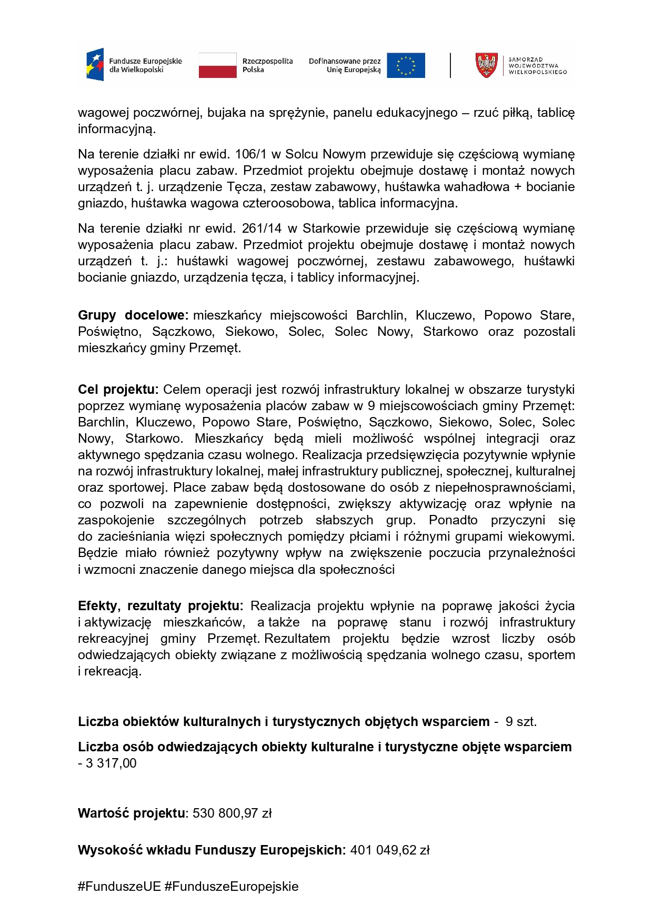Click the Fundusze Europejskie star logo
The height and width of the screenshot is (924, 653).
pyautogui.click(x=95, y=65)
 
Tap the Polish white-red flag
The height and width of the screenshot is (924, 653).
pyautogui.click(x=217, y=65)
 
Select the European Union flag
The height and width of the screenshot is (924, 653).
pyautogui.click(x=406, y=65)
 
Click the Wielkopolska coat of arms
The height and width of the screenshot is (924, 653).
pyautogui.click(x=486, y=65)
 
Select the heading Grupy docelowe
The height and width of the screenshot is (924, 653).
pyautogui.click(x=133, y=315)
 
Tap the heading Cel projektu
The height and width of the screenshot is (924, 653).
pyautogui.click(x=118, y=390)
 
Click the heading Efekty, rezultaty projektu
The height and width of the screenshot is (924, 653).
pyautogui.click(x=160, y=606)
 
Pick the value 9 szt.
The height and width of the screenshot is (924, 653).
pyautogui.click(x=521, y=722)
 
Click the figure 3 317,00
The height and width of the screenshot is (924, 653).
pyautogui.click(x=111, y=763)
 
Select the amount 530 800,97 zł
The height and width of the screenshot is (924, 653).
pyautogui.click(x=232, y=813)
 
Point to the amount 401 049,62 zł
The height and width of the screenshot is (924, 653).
pyautogui.click(x=390, y=850)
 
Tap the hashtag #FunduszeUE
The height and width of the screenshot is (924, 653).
pyautogui.click(x=119, y=887)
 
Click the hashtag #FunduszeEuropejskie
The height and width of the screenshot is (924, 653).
pyautogui.click(x=232, y=887)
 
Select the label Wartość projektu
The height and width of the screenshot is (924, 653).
pyautogui.click(x=132, y=813)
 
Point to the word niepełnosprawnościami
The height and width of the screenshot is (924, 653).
pyautogui.click(x=505, y=488)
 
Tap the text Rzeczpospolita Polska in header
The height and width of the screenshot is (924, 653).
pyautogui.click(x=267, y=65)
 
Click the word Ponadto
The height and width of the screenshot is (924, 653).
pyautogui.click(x=453, y=520)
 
